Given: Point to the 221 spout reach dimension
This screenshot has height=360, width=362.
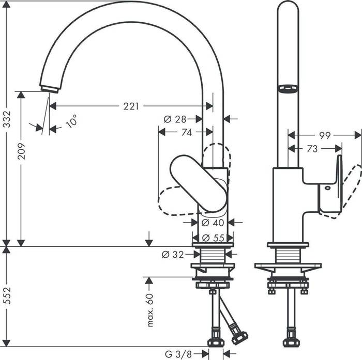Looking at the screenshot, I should [x=131, y=106].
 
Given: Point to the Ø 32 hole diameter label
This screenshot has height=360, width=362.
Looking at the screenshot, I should [x=173, y=254].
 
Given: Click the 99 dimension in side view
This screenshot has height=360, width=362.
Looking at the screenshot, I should [x=324, y=135].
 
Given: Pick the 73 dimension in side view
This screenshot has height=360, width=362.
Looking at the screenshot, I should [x=312, y=149].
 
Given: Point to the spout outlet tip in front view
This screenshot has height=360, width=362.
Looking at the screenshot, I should [x=47, y=88].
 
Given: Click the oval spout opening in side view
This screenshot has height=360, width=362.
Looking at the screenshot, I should [x=289, y=89].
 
